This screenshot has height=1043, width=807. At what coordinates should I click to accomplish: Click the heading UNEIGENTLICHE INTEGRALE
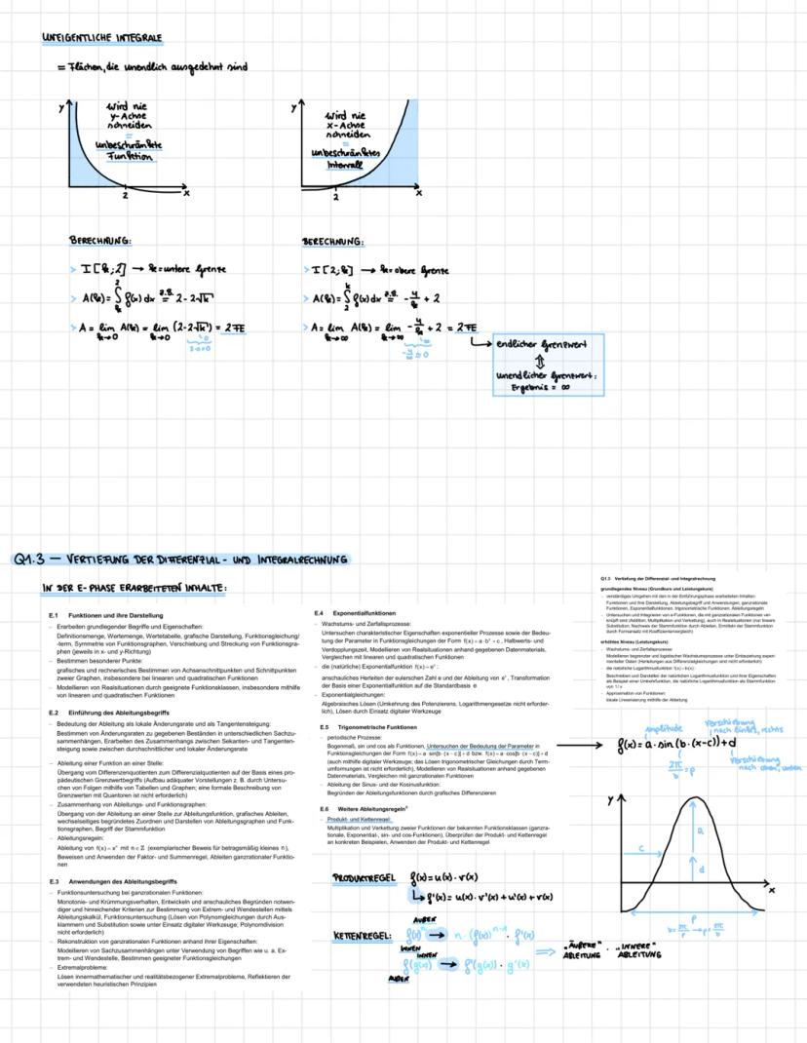pos(102,38)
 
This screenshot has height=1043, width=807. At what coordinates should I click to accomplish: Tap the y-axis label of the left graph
pos(60,104)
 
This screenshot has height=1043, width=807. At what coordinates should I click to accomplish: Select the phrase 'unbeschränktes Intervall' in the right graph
pos(344,159)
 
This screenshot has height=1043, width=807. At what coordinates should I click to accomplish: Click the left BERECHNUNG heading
pos(100,240)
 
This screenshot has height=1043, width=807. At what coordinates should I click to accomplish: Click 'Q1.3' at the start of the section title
pos(37,560)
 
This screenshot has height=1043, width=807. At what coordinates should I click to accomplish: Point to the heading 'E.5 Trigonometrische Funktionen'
pos(366,727)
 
